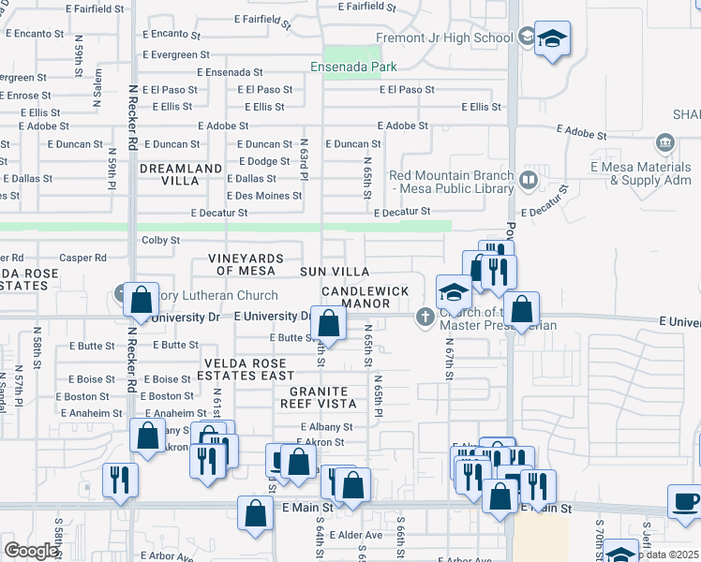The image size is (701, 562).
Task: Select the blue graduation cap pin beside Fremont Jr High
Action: [x=553, y=39]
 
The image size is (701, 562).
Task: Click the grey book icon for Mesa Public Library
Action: [x=529, y=178]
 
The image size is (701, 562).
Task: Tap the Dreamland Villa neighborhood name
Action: [x=181, y=169]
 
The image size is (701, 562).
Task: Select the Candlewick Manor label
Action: [x=365, y=297]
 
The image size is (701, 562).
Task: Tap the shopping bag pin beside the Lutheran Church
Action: [x=141, y=301]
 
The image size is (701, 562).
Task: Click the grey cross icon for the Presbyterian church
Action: [x=425, y=318]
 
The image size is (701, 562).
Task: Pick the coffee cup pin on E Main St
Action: [x=685, y=499]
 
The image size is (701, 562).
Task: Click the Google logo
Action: [x=31, y=551]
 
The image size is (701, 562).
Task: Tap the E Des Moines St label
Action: [x=264, y=196]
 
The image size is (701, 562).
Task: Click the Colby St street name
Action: [x=160, y=240]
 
